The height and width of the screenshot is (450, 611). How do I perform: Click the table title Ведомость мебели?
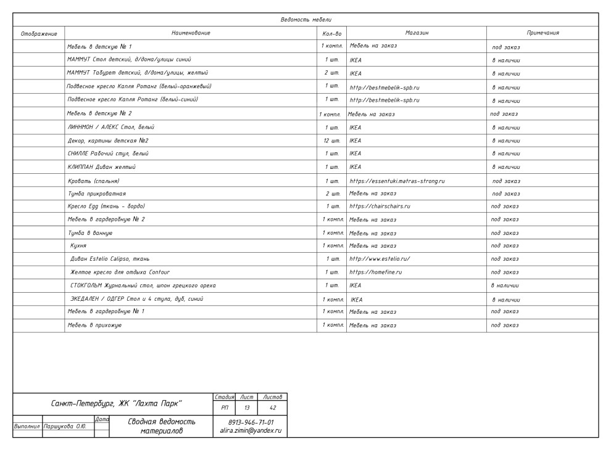[305, 20]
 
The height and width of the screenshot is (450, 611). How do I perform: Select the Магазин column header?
[417, 33]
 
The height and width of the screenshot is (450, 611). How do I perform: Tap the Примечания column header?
[543, 33]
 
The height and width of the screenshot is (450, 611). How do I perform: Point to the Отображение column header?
[39, 33]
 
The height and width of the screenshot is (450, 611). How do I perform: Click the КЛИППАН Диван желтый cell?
[101, 167]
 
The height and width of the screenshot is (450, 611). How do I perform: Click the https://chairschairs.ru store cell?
[380, 206]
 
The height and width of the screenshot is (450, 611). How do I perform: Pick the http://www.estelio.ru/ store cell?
[380, 259]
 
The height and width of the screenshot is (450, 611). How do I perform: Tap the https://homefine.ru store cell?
[376, 272]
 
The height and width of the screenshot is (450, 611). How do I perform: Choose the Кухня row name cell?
[78, 246]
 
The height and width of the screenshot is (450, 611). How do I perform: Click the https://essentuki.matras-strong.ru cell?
[397, 181]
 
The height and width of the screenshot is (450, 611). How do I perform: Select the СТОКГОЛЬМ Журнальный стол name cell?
[143, 285]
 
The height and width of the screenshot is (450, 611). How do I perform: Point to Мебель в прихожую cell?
[94, 325]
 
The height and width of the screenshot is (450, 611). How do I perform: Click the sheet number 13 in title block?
[246, 407]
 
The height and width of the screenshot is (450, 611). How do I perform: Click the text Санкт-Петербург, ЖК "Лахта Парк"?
[117, 404]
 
